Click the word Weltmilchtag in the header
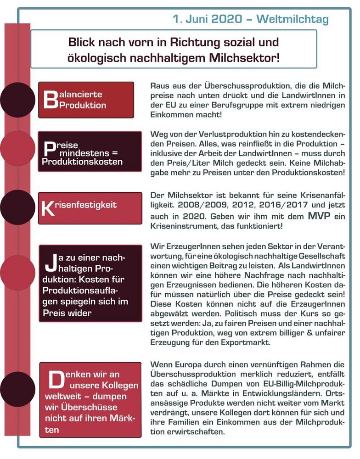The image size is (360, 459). click(292, 19)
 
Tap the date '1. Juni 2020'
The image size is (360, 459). click(207, 19)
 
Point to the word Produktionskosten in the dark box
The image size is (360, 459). click(82, 162)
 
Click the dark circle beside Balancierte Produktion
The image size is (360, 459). click(17, 100)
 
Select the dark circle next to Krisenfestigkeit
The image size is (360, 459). click(17, 207)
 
